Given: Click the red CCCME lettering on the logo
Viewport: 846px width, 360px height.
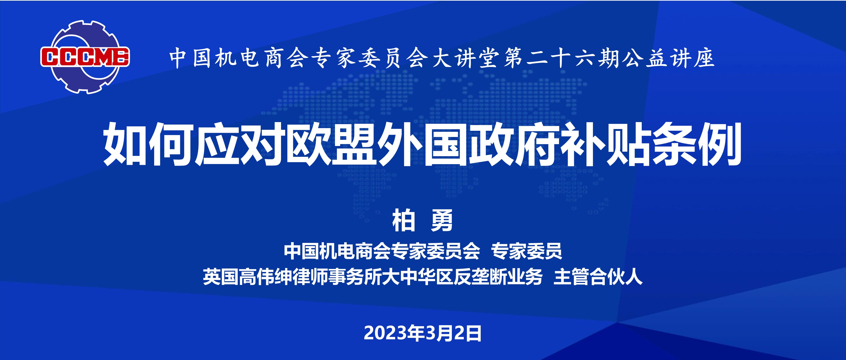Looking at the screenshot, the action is pyautogui.click(x=85, y=57).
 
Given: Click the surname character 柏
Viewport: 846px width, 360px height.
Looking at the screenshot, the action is pyautogui.click(x=404, y=221).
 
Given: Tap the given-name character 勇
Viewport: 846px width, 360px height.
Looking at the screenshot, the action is pyautogui.click(x=442, y=221).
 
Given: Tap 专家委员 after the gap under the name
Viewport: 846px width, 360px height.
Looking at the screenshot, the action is pyautogui.click(x=526, y=252).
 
